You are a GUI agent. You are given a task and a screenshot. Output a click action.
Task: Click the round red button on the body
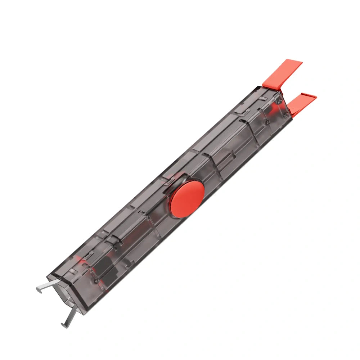click(x=187, y=198)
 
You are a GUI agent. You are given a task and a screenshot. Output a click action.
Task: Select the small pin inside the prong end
click(x=96, y=280)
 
